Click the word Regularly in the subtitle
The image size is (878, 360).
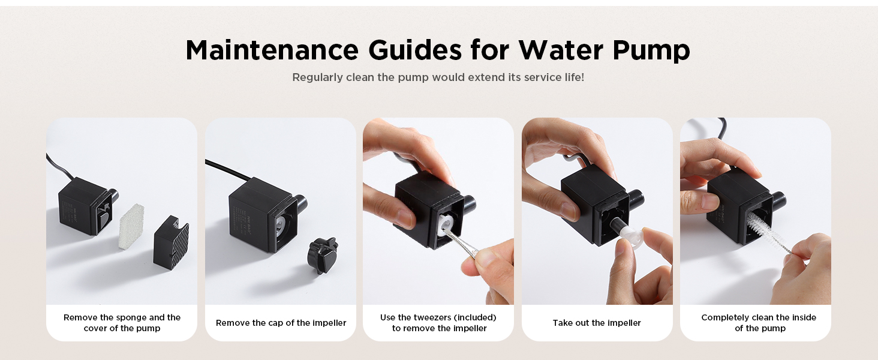coord(317,77)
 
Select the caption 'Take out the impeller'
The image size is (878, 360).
coord(597,323)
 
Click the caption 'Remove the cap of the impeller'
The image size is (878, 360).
coord(281,323)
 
